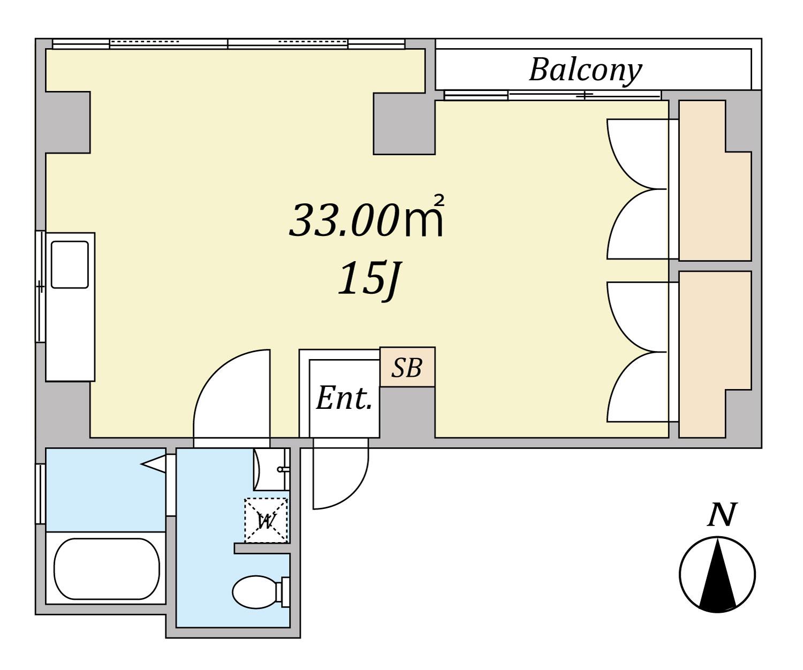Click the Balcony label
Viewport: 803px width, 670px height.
click(x=585, y=71)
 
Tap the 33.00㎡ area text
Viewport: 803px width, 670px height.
click(x=367, y=217)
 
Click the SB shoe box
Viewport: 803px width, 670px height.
click(x=407, y=367)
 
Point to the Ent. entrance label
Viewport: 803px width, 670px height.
click(x=344, y=398)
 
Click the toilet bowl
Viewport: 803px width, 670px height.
click(x=261, y=592)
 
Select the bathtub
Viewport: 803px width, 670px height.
click(x=107, y=569)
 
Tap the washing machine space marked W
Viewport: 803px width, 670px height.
click(x=266, y=521)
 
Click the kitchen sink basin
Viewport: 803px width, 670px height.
click(x=70, y=265)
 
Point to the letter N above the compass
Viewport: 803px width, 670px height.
click(x=722, y=515)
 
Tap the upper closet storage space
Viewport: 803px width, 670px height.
click(x=715, y=181)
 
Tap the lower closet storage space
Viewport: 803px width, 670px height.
click(x=715, y=354)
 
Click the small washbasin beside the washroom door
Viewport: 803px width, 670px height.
click(x=271, y=469)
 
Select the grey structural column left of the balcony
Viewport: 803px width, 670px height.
click(x=404, y=123)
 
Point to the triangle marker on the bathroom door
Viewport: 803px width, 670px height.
click(x=154, y=465)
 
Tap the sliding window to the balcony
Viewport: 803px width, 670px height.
click(x=552, y=95)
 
